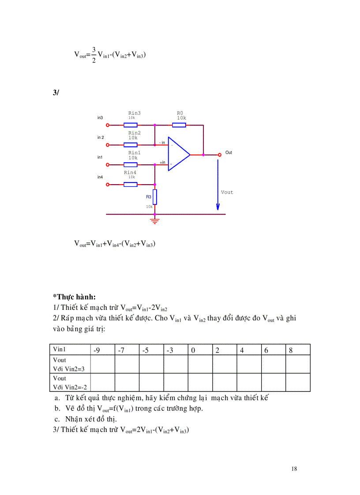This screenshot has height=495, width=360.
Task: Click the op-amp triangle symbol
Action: (178, 155)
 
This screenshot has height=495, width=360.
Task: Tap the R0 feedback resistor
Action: (179, 125)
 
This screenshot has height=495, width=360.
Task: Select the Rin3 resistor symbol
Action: (130, 125)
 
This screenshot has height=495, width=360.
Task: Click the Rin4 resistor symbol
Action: (130, 184)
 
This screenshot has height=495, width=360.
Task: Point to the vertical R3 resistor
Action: (155, 196)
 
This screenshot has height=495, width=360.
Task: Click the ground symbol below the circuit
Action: (155, 220)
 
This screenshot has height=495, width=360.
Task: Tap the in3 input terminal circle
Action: (108, 125)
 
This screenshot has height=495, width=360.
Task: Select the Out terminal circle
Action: (220, 155)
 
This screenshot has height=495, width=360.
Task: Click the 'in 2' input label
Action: (101, 138)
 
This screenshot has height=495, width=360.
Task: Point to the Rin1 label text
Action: (133, 153)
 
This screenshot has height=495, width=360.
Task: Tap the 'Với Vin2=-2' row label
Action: (70, 387)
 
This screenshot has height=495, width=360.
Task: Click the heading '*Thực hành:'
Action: (74, 297)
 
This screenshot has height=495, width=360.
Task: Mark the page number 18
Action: (294, 469)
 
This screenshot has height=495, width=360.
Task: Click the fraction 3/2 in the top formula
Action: (94, 55)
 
